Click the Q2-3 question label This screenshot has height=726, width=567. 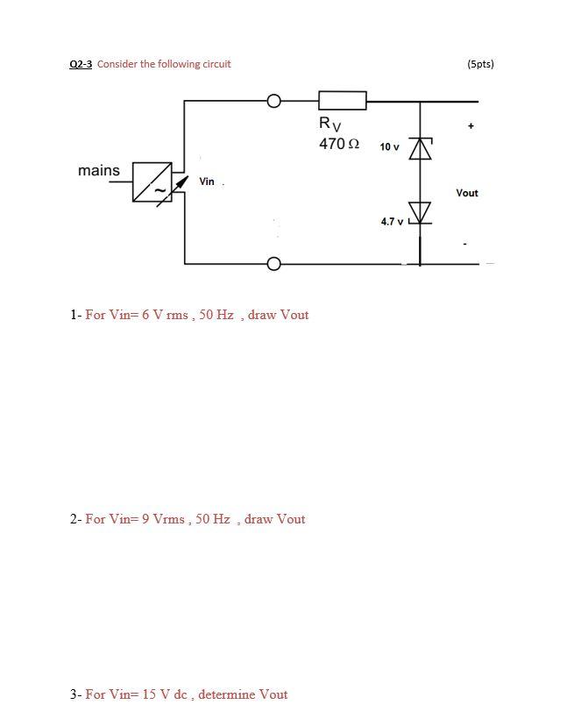point(81,64)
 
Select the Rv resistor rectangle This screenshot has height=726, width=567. point(342,101)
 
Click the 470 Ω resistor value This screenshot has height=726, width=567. point(339,144)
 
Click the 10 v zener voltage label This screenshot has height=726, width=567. point(389,147)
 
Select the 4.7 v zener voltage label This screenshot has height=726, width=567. point(392,222)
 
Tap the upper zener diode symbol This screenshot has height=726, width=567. point(421,149)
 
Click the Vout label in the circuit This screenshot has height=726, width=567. point(466,193)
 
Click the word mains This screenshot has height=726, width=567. point(98,170)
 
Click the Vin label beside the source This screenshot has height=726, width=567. point(207,181)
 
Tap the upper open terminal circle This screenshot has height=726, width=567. point(274,101)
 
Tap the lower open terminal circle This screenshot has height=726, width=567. point(274,263)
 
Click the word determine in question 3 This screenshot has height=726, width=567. point(230,694)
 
